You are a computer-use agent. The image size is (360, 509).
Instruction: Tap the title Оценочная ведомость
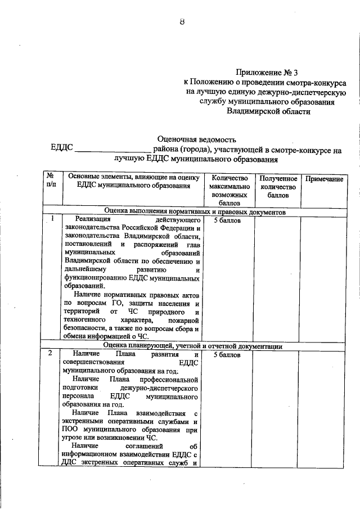click(x=197, y=139)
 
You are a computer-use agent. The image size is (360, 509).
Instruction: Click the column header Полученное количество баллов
click(x=275, y=187)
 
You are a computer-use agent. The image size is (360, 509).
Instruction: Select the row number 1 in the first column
click(x=52, y=219)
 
